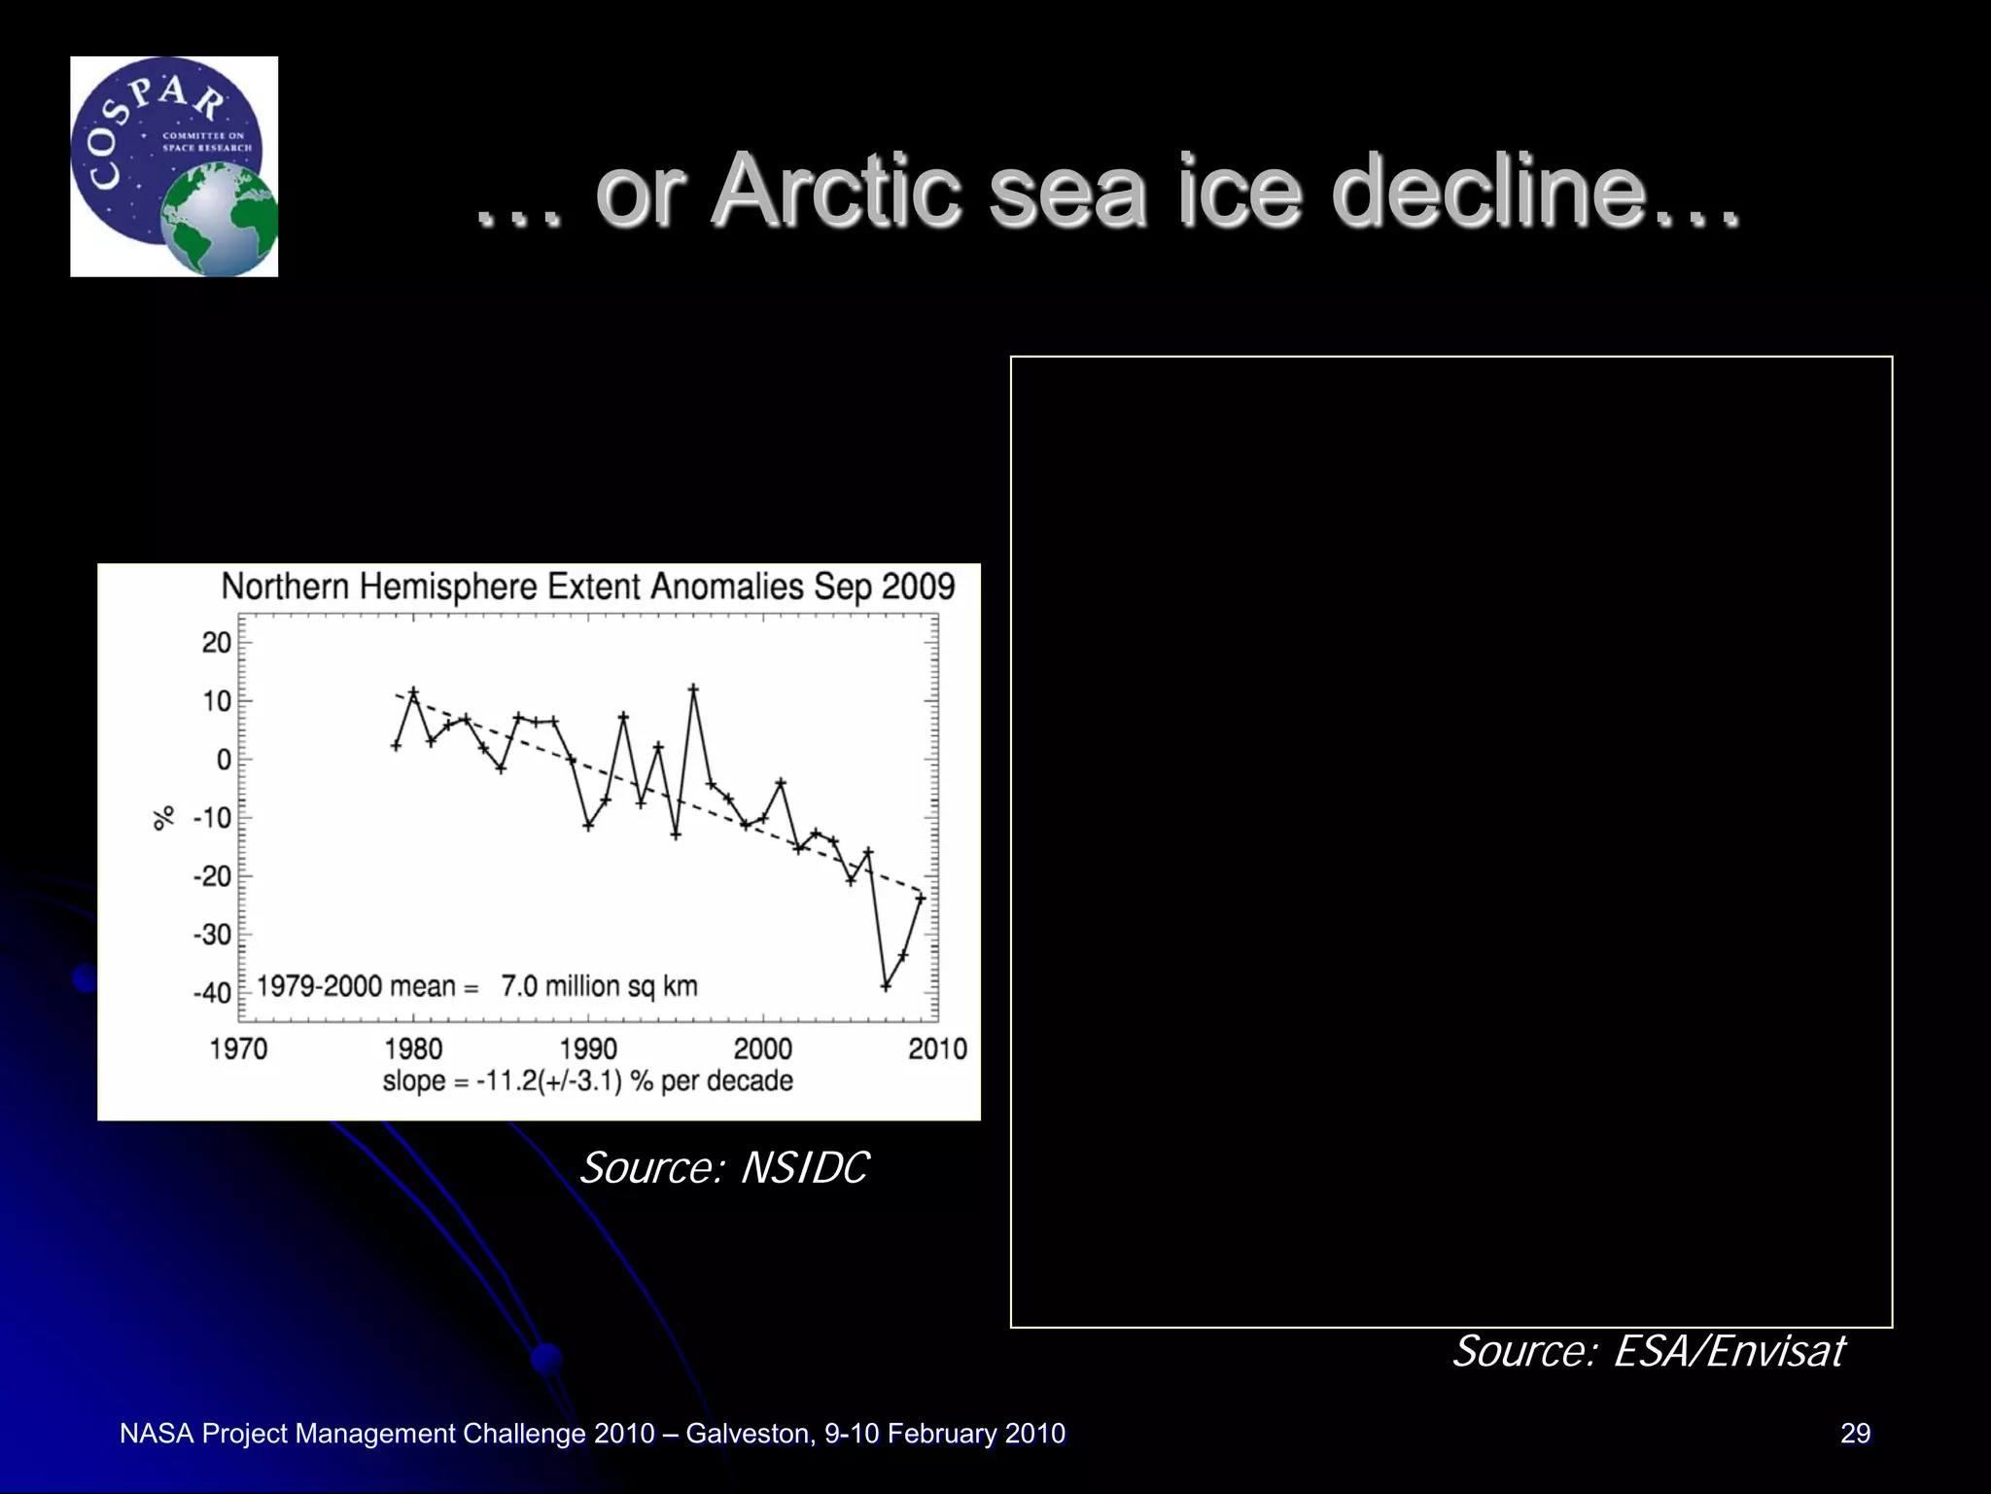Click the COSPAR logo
(174, 166)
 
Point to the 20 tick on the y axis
(217, 642)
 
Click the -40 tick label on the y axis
(212, 994)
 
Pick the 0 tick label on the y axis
(224, 760)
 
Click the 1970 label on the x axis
(238, 1049)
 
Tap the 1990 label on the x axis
(588, 1049)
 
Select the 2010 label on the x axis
(937, 1049)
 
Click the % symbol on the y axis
(164, 817)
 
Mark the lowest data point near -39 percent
(886, 986)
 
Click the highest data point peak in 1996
(693, 689)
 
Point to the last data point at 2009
(921, 898)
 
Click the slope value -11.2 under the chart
(506, 1082)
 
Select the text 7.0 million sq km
(599, 986)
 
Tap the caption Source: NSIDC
(723, 1167)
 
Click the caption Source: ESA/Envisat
(1647, 1351)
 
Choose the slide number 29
(1855, 1433)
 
